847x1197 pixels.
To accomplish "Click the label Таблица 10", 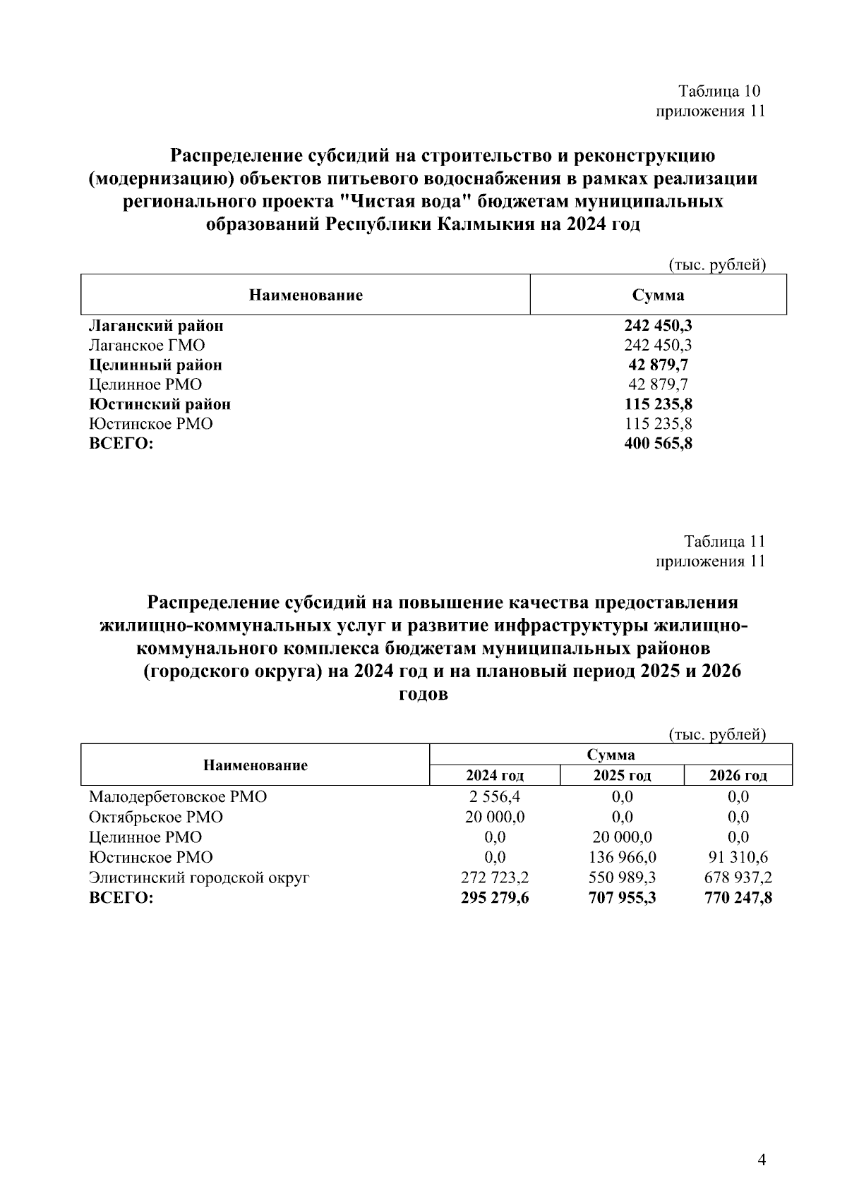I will (x=719, y=91).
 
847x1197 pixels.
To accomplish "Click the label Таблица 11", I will (x=724, y=541).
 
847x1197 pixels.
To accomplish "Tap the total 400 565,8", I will (x=658, y=444).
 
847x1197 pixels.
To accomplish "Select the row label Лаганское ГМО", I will (x=147, y=345).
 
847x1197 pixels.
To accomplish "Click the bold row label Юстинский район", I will (x=160, y=404).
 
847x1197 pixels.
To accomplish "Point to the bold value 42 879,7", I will (x=658, y=365).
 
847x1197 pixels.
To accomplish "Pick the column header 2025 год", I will (x=622, y=776).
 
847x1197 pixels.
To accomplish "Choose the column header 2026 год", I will (x=738, y=776).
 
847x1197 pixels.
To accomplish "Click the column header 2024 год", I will (x=495, y=776).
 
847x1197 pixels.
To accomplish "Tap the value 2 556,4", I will (x=495, y=797).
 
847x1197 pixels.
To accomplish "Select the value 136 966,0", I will (x=622, y=858).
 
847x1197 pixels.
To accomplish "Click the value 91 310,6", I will (x=738, y=858).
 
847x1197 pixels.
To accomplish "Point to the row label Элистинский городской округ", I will (x=199, y=878).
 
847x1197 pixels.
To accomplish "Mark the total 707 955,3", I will (x=622, y=899).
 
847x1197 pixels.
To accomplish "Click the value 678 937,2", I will (x=738, y=878).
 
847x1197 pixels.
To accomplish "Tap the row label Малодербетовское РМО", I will (x=178, y=797).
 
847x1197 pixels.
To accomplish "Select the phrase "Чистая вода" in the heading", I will (x=404, y=202).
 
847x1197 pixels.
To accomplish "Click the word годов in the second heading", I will (x=423, y=694).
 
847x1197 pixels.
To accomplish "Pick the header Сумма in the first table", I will (x=658, y=295).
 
